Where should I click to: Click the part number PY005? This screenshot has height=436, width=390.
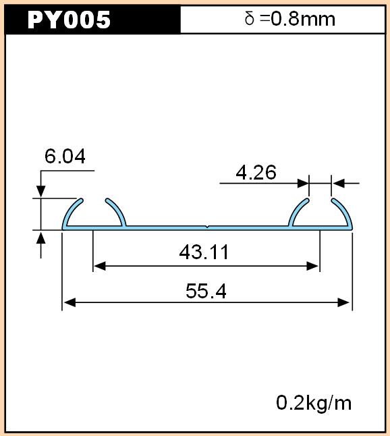69,20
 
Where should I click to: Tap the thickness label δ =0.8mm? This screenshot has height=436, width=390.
290,19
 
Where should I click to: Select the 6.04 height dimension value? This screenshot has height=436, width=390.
65,156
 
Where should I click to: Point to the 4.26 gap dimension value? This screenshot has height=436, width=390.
256,172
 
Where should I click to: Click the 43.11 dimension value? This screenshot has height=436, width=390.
204,252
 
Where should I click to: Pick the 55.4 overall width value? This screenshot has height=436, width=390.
206,291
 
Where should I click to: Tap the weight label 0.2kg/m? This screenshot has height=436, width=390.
314,403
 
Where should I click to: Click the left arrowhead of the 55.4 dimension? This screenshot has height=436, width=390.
69,302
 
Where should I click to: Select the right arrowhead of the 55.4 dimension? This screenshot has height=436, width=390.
343,302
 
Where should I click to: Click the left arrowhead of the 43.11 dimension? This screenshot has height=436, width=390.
100,266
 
